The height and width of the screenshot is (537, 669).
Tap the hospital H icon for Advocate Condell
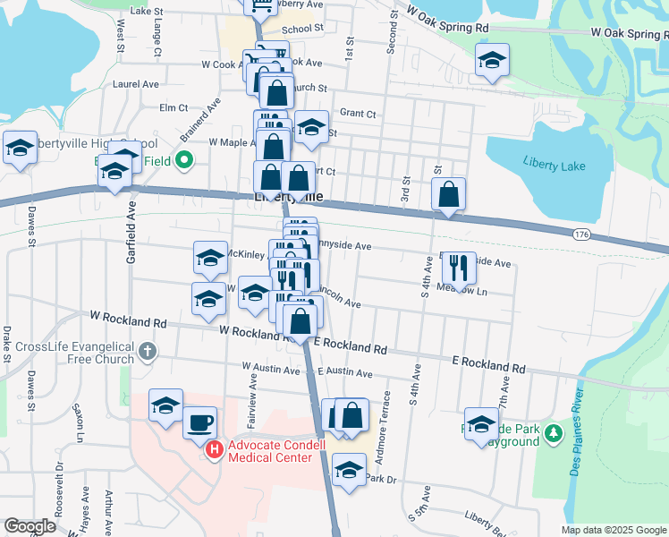(x=214, y=449)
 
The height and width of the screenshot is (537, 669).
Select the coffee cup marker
(x=199, y=422)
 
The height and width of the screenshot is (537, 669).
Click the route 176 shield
(x=582, y=234)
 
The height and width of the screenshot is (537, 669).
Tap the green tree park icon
(x=555, y=434)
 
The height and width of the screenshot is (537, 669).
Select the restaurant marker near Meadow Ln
(x=454, y=265)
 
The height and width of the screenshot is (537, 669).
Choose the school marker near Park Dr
(x=348, y=468)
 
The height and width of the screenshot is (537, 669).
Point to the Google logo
(x=30, y=526)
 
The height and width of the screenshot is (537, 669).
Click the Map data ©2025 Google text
(x=613, y=530)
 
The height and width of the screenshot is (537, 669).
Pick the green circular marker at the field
(x=184, y=161)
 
